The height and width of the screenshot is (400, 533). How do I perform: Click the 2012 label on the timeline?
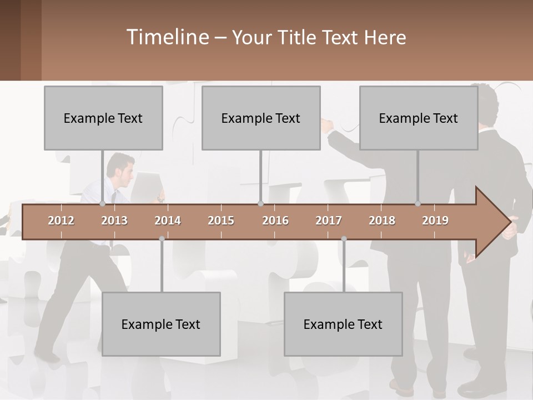pyautogui.click(x=61, y=221)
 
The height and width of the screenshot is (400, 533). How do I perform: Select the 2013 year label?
pyautogui.click(x=114, y=221)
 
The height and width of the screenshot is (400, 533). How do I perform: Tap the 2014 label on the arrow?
pyautogui.click(x=168, y=221)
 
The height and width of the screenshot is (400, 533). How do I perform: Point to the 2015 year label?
pyautogui.click(x=221, y=221)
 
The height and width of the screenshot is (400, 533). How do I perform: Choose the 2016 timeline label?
pyautogui.click(x=275, y=221)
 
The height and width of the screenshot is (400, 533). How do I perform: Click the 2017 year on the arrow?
pyautogui.click(x=329, y=221)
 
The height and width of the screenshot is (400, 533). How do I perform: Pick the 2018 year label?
pyautogui.click(x=382, y=221)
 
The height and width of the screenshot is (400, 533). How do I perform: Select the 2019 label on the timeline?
pyautogui.click(x=435, y=221)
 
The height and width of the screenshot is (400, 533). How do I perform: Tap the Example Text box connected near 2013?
pyautogui.click(x=103, y=118)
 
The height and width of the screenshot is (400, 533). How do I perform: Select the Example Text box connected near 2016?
pyautogui.click(x=261, y=118)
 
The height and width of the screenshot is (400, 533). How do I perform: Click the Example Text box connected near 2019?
pyautogui.click(x=419, y=118)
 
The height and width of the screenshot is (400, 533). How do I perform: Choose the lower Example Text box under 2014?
pyautogui.click(x=161, y=324)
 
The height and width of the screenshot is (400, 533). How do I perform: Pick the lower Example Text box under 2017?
pyautogui.click(x=343, y=324)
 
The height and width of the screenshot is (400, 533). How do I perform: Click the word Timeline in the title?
pyautogui.click(x=167, y=37)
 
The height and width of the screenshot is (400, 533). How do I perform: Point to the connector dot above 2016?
pyautogui.click(x=260, y=203)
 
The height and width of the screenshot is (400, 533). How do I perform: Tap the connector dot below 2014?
pyautogui.click(x=162, y=239)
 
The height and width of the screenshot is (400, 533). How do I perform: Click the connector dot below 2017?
pyautogui.click(x=344, y=239)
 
